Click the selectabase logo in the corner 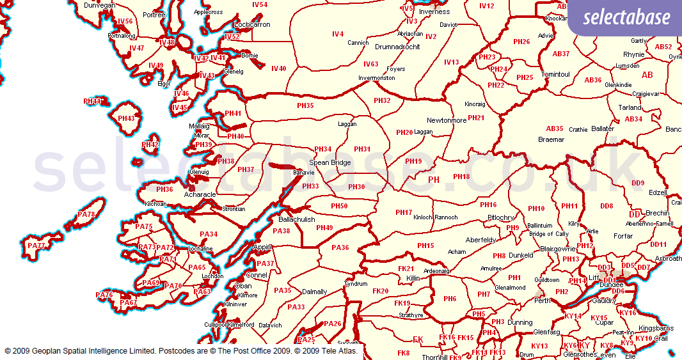click(624, 17)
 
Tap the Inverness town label click(434, 12)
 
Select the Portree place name click(154, 15)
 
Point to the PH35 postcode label click(305, 106)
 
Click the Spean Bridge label click(330, 162)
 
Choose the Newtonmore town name click(447, 120)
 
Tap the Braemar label click(551, 139)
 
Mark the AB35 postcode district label click(555, 129)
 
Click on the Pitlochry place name click(500, 217)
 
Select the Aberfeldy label click(481, 240)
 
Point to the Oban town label click(244, 286)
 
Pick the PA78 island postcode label click(86, 215)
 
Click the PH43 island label click(126, 118)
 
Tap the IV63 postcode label click(370, 64)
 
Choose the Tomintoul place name click(555, 74)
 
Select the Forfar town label click(623, 235)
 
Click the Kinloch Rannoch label click(436, 217)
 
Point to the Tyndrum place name click(356, 284)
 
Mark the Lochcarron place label click(253, 24)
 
